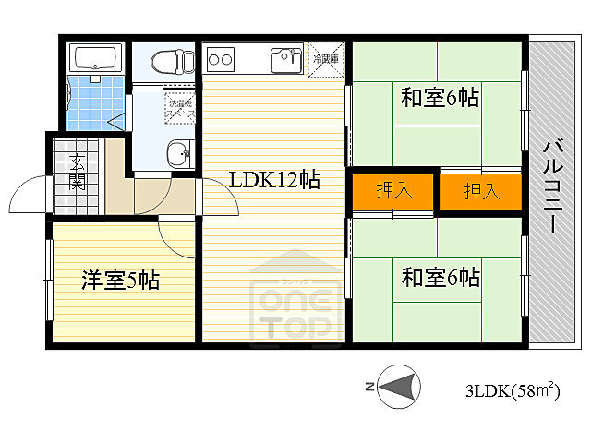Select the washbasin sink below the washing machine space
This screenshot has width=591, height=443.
178,152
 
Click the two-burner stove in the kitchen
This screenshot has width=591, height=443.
222,61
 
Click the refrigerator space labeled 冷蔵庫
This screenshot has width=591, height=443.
325,58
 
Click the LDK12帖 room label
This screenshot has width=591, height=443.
274,180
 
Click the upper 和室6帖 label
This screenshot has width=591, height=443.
438,95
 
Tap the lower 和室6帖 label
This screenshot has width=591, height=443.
439,276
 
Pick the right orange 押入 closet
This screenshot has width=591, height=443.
480,191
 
